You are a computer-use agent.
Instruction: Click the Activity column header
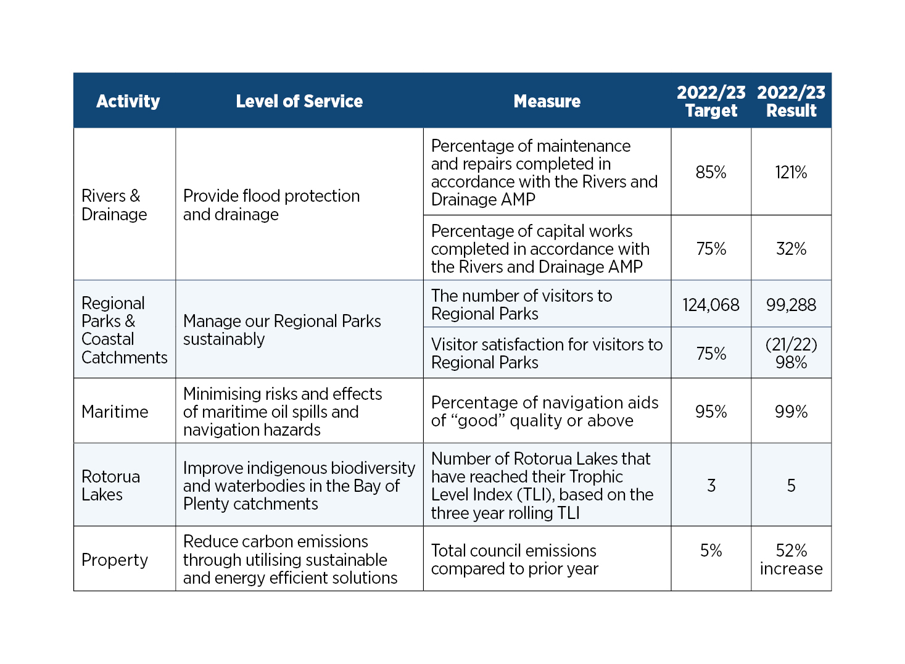[128, 101]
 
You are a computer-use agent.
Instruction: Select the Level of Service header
[299, 101]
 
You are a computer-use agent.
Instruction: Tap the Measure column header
[547, 101]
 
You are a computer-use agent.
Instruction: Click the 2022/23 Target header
[711, 101]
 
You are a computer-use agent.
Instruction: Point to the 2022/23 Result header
[791, 101]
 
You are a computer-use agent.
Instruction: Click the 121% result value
[791, 172]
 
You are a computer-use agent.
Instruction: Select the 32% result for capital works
[791, 249]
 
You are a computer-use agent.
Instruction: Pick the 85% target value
[711, 172]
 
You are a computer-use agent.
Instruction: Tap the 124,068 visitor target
[711, 305]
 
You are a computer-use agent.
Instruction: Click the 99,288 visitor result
[791, 305]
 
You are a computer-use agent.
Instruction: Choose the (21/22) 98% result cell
[791, 353]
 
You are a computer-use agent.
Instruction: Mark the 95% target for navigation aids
[711, 412]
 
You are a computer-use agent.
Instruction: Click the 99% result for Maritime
[791, 412]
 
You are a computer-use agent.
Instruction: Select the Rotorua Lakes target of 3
[711, 486]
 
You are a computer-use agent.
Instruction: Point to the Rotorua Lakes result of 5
[791, 486]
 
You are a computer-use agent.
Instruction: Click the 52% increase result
[791, 559]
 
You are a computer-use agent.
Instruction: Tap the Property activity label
[115, 560]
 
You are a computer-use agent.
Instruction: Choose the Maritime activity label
[115, 412]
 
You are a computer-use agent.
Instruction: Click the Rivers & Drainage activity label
[114, 205]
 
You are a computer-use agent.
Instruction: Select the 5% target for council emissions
[711, 550]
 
